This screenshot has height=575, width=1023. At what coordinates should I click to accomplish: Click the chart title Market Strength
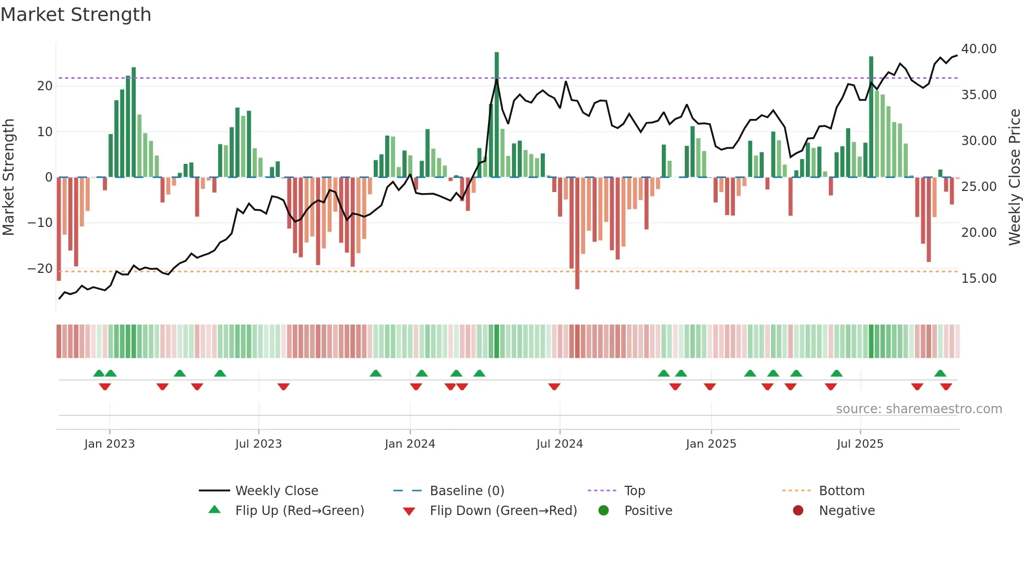pos(76,15)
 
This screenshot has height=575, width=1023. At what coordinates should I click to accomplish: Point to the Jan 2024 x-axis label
pos(410,444)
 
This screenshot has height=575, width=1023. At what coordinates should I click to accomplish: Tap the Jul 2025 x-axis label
pos(860,444)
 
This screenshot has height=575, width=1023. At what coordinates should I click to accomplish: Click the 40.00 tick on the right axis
pos(979,49)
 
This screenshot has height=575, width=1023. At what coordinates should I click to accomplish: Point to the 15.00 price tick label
pos(979,279)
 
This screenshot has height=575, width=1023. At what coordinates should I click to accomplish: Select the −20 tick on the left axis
pos(40,269)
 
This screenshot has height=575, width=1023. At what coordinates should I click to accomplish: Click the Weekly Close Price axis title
pos(1014,177)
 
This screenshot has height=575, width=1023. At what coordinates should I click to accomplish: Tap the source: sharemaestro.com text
pos(919,409)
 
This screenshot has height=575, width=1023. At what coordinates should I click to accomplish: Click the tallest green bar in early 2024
pos(496,115)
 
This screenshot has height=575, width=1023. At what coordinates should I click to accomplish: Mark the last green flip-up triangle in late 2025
pos(940,373)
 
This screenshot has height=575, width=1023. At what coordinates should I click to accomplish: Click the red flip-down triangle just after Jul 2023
pos(283,387)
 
